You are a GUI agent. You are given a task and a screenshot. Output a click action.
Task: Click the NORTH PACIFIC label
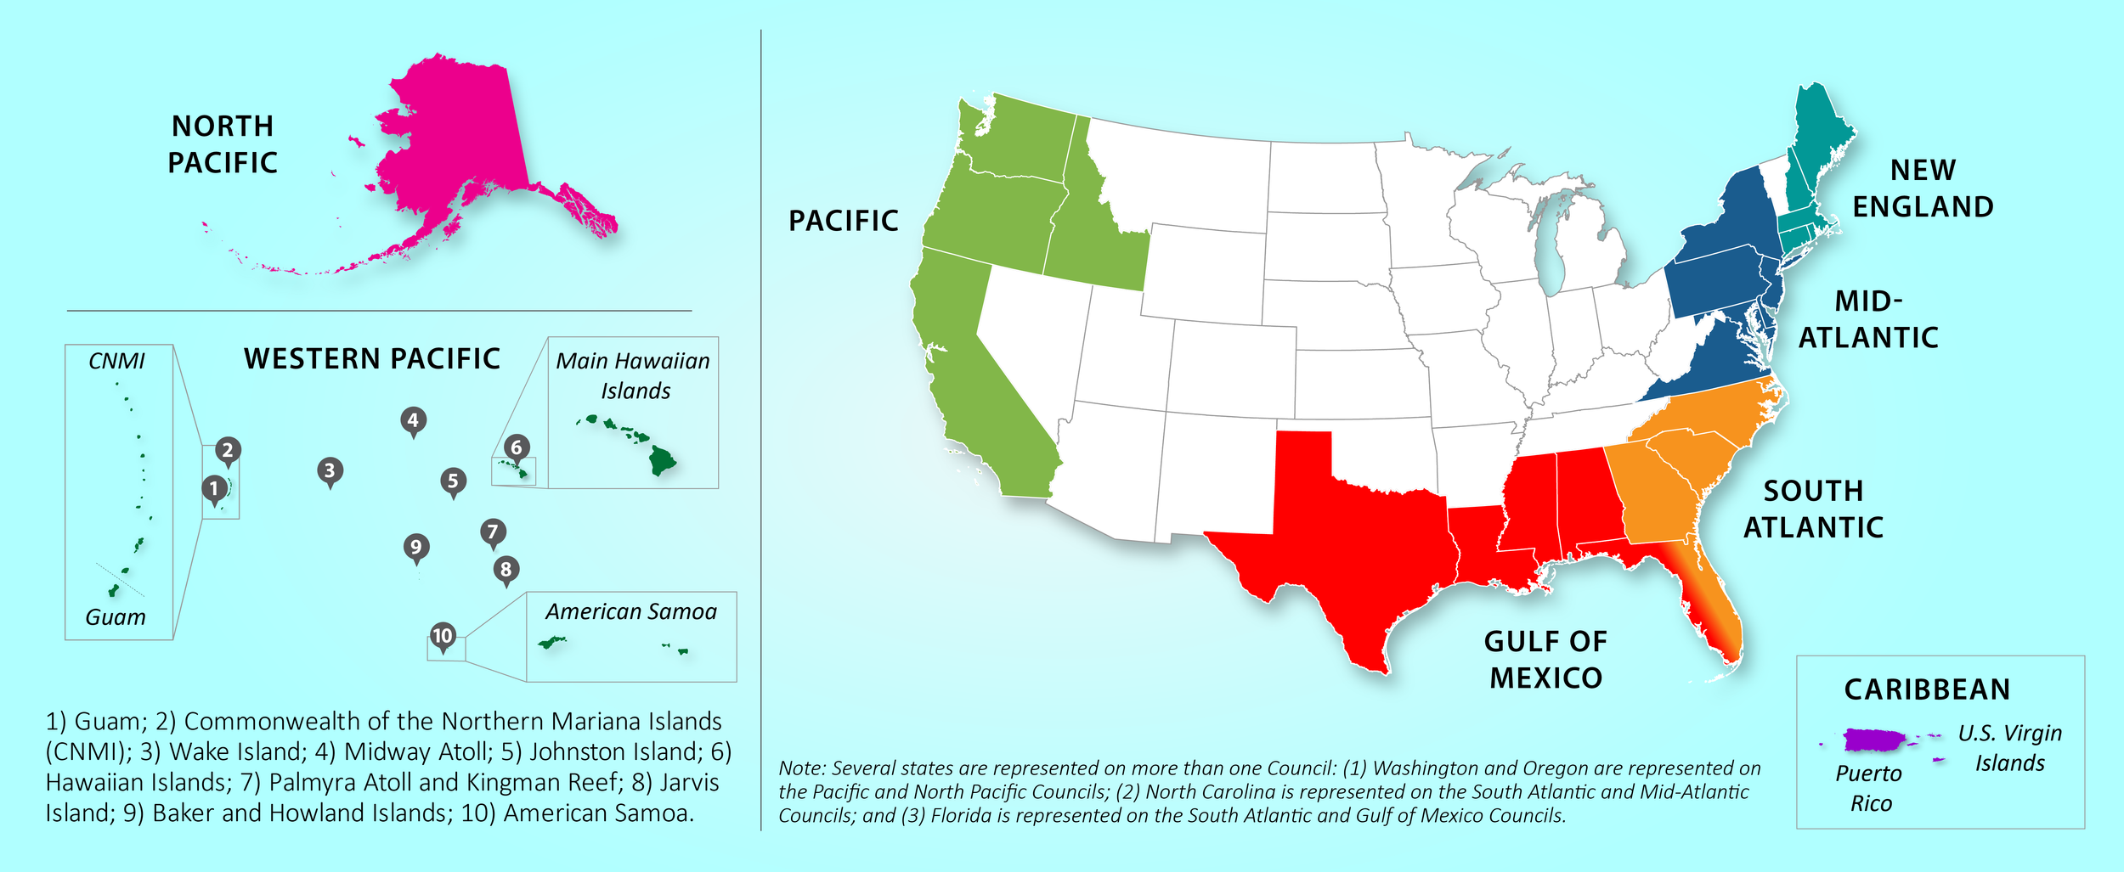pos(223,144)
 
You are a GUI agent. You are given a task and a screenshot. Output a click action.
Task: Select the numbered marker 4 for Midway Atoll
pos(413,420)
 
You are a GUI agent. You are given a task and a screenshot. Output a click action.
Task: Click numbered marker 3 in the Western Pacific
pos(330,470)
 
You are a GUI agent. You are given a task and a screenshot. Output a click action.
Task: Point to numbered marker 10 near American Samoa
pos(443,636)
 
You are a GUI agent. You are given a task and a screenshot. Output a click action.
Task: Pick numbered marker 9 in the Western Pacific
pos(415,547)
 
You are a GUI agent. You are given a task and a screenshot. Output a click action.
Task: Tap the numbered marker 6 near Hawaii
pos(517,447)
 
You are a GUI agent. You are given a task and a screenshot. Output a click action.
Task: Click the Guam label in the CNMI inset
pos(116,617)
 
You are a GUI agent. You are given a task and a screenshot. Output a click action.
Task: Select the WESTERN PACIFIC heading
pos(372,358)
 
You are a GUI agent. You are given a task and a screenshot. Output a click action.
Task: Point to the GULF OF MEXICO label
pos(1545,660)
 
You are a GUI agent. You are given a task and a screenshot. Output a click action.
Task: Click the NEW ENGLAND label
pos(1923,188)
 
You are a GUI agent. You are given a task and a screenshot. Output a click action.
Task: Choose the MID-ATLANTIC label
pos(1868,319)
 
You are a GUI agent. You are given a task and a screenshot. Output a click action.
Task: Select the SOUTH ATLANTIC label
pos(1813,509)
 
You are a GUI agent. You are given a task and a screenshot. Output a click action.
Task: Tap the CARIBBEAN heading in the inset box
pos(1927,689)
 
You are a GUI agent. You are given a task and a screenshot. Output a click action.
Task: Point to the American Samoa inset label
pos(631,611)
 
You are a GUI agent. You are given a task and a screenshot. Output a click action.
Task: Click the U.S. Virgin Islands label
pos(2009,748)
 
